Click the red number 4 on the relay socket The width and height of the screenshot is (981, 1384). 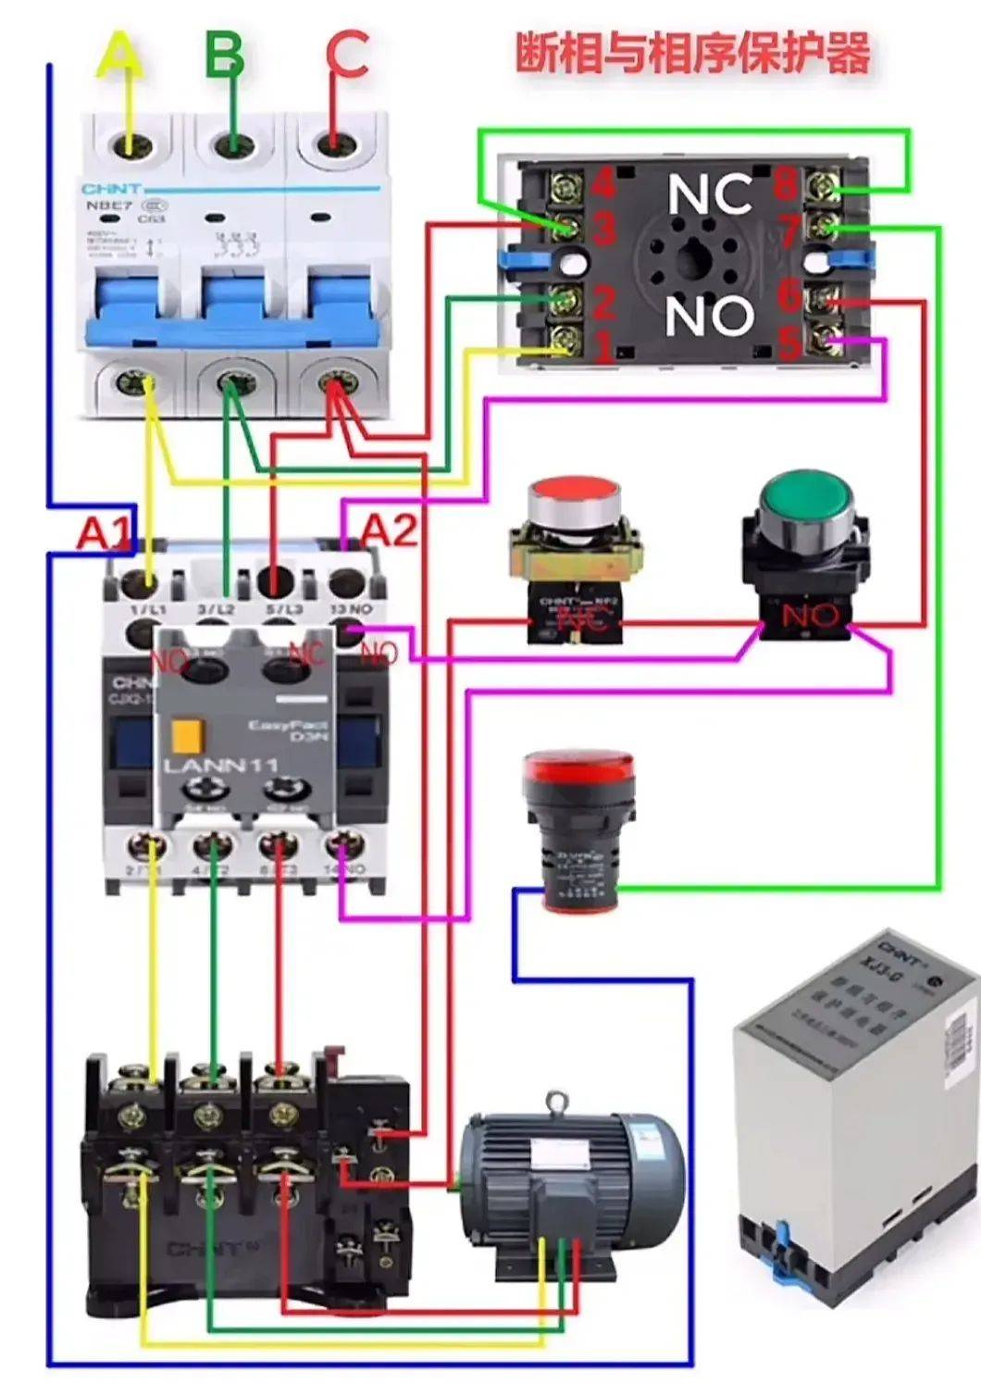pos(603,183)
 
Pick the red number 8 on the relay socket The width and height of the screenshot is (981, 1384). pos(785,183)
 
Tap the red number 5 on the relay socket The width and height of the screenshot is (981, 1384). pos(789,343)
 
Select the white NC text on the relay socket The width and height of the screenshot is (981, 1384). pos(710,195)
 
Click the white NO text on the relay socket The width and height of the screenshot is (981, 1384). pos(709,316)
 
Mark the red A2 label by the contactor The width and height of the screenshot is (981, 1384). pos(388,530)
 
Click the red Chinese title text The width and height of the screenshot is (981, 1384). pos(692,53)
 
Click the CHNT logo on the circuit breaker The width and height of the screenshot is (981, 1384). pos(111,189)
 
